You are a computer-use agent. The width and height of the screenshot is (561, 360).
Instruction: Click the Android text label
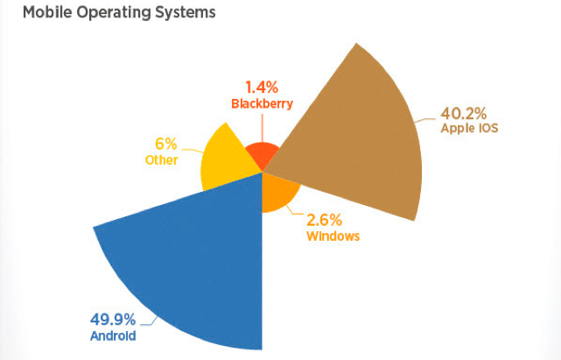[113, 335]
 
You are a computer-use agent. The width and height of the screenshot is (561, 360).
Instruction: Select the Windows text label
[333, 236]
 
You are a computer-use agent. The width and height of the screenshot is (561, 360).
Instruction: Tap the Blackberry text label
[262, 103]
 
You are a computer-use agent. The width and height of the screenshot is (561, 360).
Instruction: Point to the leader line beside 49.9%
[147, 324]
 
